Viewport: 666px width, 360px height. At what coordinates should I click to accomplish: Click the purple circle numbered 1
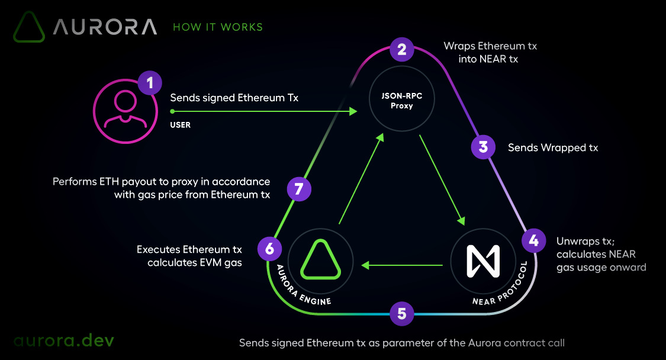click(x=150, y=82)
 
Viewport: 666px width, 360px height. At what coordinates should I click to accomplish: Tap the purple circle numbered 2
click(x=402, y=49)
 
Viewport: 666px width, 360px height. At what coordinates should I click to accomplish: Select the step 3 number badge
click(x=484, y=147)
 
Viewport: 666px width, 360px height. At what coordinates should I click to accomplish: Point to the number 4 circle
click(x=533, y=240)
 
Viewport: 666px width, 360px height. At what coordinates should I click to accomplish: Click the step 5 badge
click(x=402, y=313)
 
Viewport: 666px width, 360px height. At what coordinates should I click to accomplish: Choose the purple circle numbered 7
click(x=299, y=189)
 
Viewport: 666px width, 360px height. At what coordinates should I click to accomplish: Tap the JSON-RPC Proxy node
click(x=401, y=101)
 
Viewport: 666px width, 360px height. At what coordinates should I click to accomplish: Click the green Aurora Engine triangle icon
click(x=320, y=261)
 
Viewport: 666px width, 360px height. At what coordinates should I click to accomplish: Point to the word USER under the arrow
click(x=181, y=125)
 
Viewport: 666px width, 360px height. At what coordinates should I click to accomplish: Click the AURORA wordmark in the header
click(x=105, y=27)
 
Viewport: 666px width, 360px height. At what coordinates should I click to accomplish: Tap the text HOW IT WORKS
click(x=218, y=27)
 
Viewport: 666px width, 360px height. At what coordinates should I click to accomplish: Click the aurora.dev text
click(x=64, y=340)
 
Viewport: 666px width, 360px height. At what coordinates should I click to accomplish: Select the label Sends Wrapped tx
click(x=553, y=147)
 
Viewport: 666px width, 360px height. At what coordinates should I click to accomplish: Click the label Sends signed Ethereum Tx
click(x=234, y=98)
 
